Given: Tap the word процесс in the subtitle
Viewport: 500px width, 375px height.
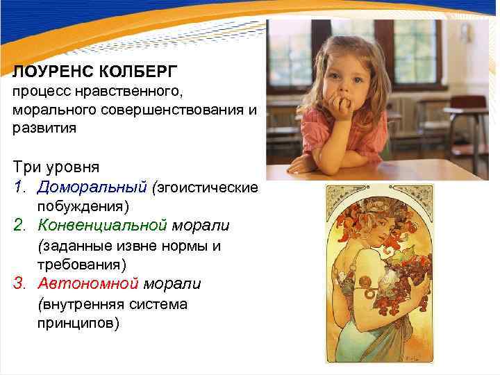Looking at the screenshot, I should click(39, 92).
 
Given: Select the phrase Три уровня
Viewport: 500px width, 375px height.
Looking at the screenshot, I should click(56, 167).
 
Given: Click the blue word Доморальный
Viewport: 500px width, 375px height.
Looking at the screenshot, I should click(92, 187).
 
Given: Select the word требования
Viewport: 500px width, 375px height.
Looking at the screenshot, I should click(81, 265).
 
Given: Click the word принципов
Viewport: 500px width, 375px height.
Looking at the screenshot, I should click(78, 323).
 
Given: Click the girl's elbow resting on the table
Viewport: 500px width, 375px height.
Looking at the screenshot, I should click(300, 165).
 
